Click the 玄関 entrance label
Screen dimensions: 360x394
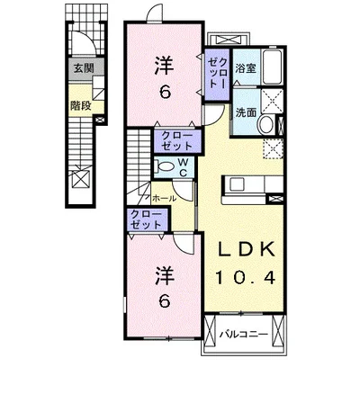tap(84, 68)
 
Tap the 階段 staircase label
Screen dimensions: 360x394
tap(80, 105)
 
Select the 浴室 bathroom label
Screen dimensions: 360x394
tap(246, 68)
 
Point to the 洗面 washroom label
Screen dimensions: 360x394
tap(246, 112)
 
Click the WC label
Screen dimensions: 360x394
tap(184, 167)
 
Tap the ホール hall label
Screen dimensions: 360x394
tap(164, 198)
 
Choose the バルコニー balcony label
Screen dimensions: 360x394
tap(243, 334)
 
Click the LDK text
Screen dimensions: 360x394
tap(246, 249)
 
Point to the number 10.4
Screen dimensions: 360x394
tap(245, 277)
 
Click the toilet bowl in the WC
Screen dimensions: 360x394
tap(164, 166)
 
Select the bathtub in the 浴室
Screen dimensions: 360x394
tap(272, 67)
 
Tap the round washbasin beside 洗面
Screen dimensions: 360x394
tap(266, 124)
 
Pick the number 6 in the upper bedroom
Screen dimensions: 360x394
tap(165, 92)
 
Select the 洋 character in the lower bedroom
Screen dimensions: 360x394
tap(165, 276)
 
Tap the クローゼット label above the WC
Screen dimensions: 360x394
tap(176, 141)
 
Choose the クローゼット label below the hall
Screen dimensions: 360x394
tap(146, 219)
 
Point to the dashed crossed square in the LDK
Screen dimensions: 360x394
tap(274, 148)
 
